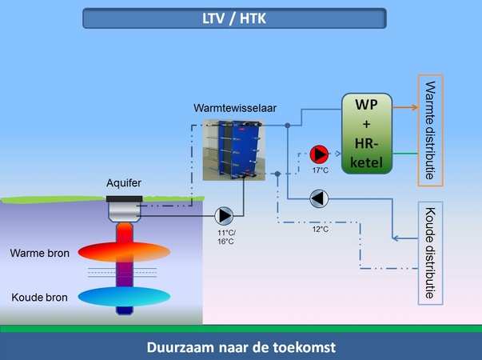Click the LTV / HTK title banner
(x=234, y=18)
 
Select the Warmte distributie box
(x=430, y=130)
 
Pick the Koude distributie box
(x=430, y=253)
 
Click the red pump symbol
(x=319, y=153)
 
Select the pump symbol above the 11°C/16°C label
(x=224, y=215)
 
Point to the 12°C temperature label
(x=321, y=229)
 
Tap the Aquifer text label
(x=124, y=183)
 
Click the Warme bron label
(x=40, y=254)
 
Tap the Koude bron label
(x=39, y=297)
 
